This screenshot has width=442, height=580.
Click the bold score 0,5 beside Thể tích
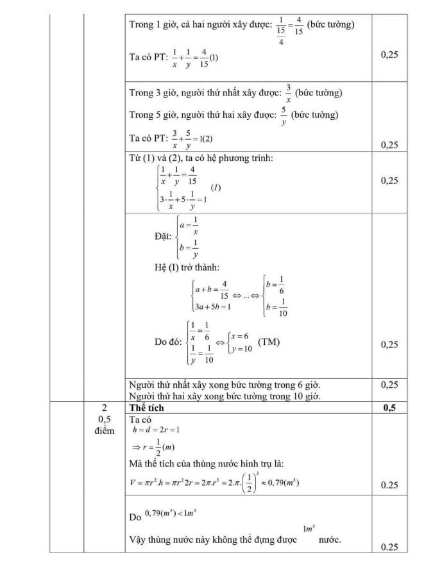[389, 408]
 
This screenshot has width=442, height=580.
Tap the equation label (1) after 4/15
[214, 57]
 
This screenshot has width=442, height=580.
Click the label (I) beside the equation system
[216, 187]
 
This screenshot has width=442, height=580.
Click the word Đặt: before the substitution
[163, 236]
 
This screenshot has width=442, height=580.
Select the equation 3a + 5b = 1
[212, 306]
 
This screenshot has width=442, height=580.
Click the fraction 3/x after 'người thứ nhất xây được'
[289, 94]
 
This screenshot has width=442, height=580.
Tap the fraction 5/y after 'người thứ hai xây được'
[283, 116]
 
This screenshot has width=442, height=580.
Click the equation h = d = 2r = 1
[153, 429]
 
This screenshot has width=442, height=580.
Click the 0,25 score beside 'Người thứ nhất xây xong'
[389, 385]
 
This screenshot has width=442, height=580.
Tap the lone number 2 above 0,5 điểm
[104, 408]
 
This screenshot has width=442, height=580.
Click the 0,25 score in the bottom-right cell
[389, 547]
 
